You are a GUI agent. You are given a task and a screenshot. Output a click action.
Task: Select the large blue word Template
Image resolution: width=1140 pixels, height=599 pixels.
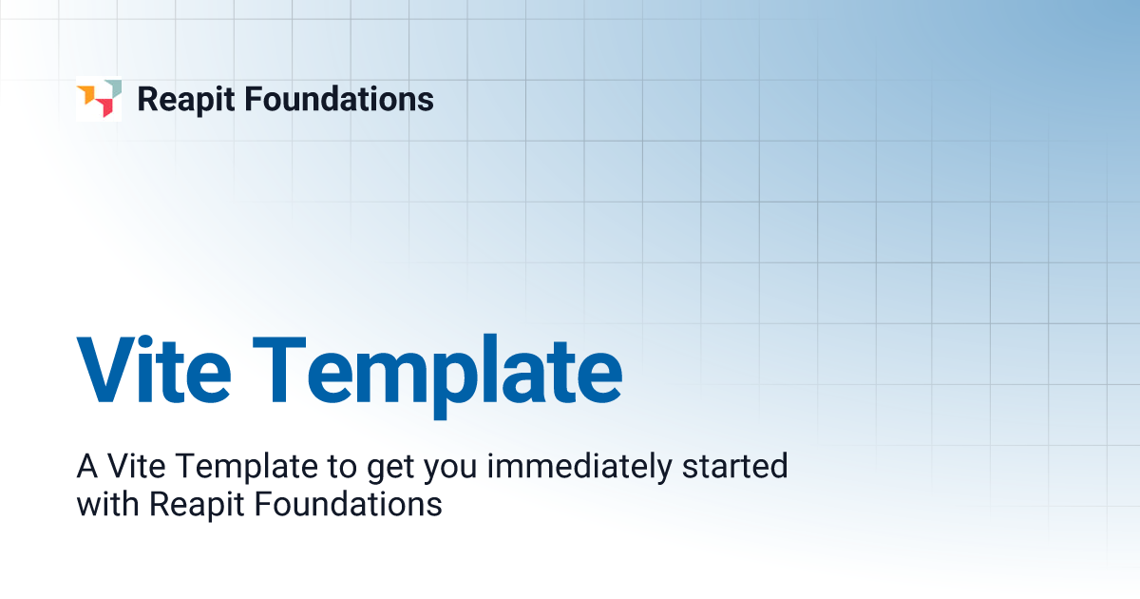click(x=438, y=371)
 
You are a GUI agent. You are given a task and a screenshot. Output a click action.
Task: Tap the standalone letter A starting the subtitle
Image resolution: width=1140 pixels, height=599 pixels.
click(x=87, y=467)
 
